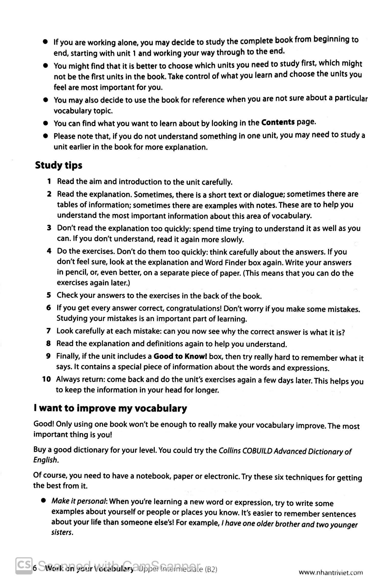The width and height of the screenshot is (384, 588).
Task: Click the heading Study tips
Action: pos(58,165)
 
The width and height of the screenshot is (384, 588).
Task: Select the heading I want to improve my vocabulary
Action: pos(110,408)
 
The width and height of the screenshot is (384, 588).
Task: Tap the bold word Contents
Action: pos(278,122)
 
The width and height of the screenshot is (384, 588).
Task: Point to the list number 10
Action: pos(47,379)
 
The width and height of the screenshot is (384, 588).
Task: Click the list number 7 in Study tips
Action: pos(49,331)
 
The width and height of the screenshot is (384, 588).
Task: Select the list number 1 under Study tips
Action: pos(49,181)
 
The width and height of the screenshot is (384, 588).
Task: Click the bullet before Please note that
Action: pos(46,136)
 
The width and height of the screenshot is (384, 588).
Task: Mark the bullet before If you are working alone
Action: pos(46,42)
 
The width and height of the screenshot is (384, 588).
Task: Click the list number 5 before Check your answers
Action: pos(49,295)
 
